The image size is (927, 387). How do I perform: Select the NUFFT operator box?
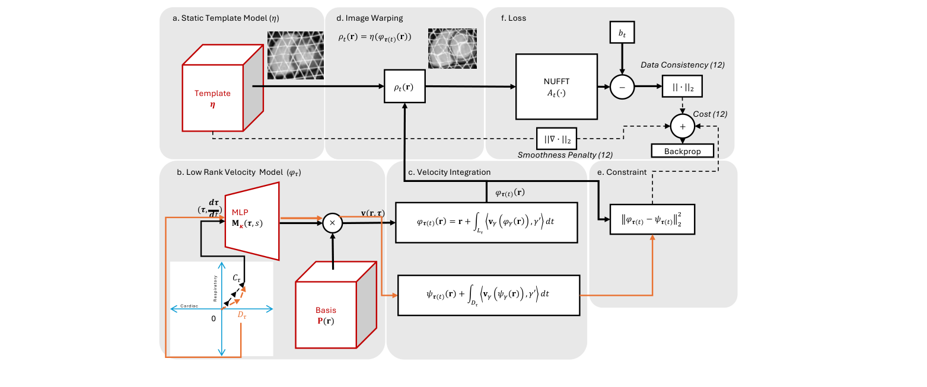[x=556, y=87]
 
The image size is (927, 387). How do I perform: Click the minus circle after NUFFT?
[x=622, y=87]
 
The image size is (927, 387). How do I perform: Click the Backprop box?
[x=682, y=151]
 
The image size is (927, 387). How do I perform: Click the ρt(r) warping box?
[x=404, y=87]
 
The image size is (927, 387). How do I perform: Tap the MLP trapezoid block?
[x=252, y=220]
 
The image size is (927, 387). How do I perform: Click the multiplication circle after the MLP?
[x=333, y=222]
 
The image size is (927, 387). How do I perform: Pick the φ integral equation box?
[x=486, y=222]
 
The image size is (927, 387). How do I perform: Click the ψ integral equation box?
[x=488, y=295]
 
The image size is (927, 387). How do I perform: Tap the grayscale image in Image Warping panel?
[x=452, y=48]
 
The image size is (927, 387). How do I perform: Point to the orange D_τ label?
[x=242, y=314]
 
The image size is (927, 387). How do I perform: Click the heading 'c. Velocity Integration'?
[x=449, y=172]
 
